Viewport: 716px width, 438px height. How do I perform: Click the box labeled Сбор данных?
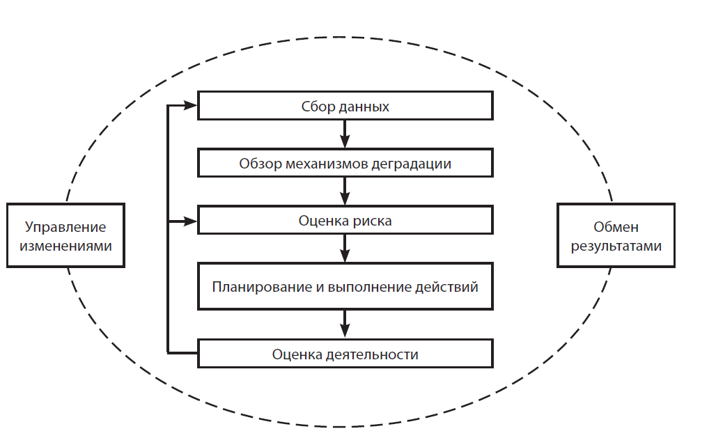point(345,107)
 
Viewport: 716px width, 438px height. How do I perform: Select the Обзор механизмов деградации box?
point(345,164)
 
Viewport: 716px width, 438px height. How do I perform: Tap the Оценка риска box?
point(345,221)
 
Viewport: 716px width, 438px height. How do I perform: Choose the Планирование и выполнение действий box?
point(345,286)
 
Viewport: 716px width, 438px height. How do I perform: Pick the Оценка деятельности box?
point(345,354)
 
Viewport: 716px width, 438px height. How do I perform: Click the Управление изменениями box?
point(66,236)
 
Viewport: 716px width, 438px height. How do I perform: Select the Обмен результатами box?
point(616,236)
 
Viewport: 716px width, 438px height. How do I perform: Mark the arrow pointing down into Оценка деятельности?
point(345,324)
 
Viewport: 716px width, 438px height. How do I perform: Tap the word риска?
point(373,221)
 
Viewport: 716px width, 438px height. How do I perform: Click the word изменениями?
point(66,246)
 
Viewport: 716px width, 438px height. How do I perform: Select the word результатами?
point(616,246)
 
